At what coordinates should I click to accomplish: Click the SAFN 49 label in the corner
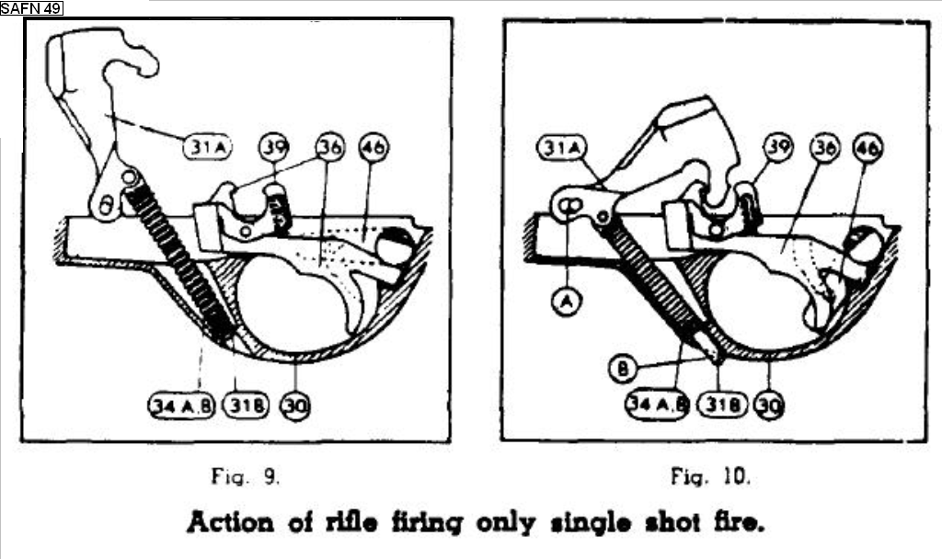(x=31, y=8)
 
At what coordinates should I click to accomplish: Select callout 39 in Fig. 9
(x=272, y=146)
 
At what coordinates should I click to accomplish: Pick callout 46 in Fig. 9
(x=374, y=146)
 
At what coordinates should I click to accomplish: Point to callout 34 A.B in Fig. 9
(x=181, y=405)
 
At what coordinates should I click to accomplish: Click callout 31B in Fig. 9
(x=246, y=405)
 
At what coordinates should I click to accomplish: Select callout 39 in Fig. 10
(x=777, y=147)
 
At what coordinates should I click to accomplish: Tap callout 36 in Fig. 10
(x=825, y=147)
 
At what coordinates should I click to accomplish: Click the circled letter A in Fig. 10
(x=569, y=301)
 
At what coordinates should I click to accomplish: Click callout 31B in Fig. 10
(x=720, y=404)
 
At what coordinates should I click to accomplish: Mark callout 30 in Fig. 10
(x=768, y=404)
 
